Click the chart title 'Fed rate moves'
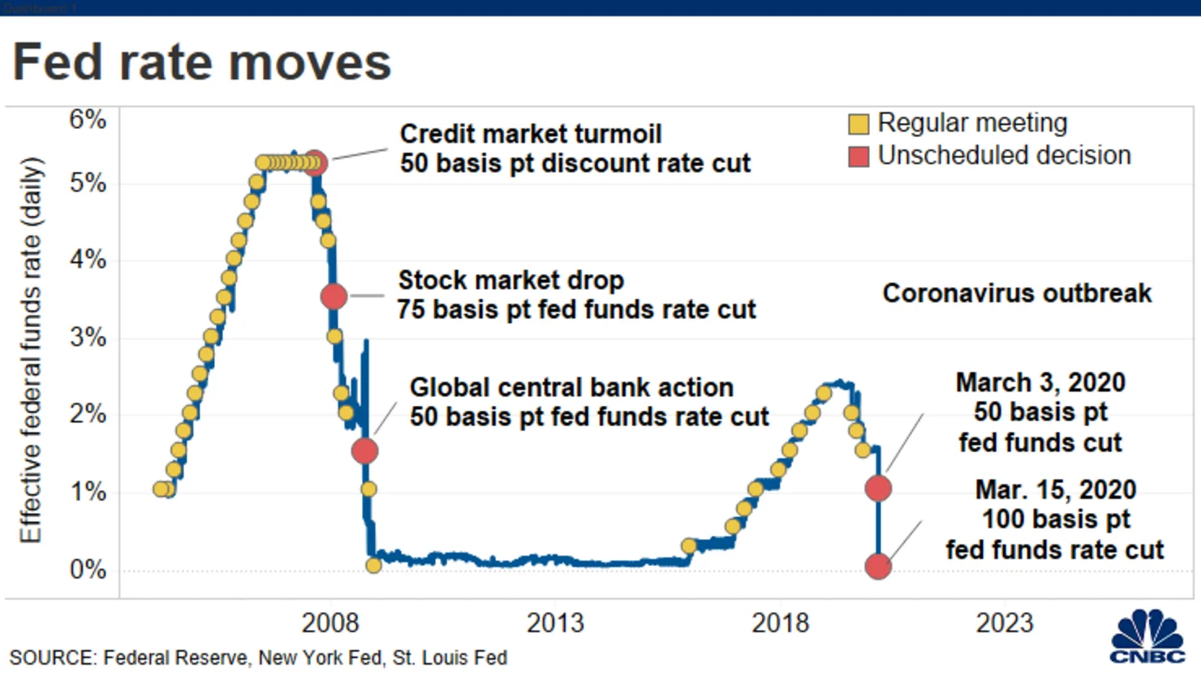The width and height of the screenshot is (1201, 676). point(201,62)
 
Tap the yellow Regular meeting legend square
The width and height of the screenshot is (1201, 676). point(858,124)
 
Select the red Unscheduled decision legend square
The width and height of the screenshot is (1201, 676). point(858,157)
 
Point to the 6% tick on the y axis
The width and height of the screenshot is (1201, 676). point(88,119)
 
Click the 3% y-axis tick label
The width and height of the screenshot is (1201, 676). point(88,337)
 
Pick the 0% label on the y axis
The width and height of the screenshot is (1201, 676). point(88,569)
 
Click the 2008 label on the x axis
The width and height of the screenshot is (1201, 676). point(329,622)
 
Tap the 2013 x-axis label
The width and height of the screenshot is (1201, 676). point(555,622)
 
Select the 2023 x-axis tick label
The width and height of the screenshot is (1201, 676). point(1004,622)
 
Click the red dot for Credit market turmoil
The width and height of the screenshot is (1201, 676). point(315,163)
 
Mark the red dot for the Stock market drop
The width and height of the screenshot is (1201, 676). point(334,296)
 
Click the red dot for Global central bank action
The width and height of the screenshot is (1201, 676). point(364,450)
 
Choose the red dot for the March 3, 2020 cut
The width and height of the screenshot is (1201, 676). point(878,488)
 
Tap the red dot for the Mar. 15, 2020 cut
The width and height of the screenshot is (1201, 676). point(878,566)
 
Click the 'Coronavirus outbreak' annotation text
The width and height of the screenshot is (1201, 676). point(1016,293)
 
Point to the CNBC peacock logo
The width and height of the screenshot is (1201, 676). point(1147,635)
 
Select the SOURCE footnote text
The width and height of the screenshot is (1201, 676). point(258,657)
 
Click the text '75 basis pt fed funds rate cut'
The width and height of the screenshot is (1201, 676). point(576,309)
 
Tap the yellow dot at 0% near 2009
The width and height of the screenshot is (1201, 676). point(373,565)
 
